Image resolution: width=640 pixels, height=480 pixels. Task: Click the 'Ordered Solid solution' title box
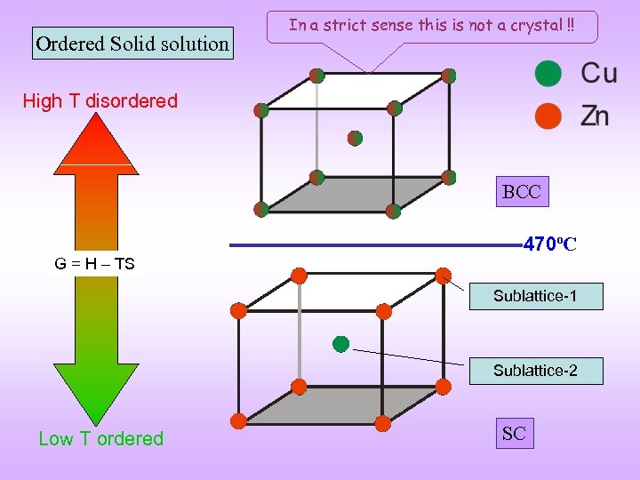pyautogui.click(x=132, y=43)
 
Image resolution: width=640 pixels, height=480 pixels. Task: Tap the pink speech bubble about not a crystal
pyautogui.click(x=432, y=27)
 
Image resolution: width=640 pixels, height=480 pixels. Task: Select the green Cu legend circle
pyautogui.click(x=548, y=74)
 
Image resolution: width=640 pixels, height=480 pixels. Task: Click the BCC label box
pyautogui.click(x=521, y=192)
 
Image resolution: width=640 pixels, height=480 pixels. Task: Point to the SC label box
pyautogui.click(x=514, y=434)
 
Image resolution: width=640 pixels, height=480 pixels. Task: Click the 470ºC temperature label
pyautogui.click(x=550, y=244)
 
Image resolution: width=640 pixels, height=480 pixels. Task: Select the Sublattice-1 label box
pyautogui.click(x=535, y=296)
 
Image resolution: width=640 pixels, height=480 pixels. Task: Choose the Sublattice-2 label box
pyautogui.click(x=535, y=371)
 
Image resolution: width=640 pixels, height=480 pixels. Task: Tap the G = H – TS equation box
pyautogui.click(x=95, y=263)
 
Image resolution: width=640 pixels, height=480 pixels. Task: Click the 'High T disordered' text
pyautogui.click(x=100, y=100)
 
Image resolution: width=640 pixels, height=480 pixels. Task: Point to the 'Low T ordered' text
pyautogui.click(x=101, y=438)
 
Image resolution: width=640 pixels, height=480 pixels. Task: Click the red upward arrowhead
pyautogui.click(x=95, y=142)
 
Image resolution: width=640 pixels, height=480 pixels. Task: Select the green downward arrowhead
pyautogui.click(x=96, y=391)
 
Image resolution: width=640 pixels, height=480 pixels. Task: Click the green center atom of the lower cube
pyautogui.click(x=340, y=344)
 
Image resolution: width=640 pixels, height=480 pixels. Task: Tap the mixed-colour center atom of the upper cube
pyautogui.click(x=355, y=138)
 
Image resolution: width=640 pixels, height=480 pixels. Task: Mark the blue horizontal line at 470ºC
pyautogui.click(x=373, y=244)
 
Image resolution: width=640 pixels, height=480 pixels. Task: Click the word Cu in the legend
pyautogui.click(x=598, y=73)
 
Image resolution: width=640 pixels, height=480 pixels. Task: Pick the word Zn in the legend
pyautogui.click(x=596, y=116)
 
